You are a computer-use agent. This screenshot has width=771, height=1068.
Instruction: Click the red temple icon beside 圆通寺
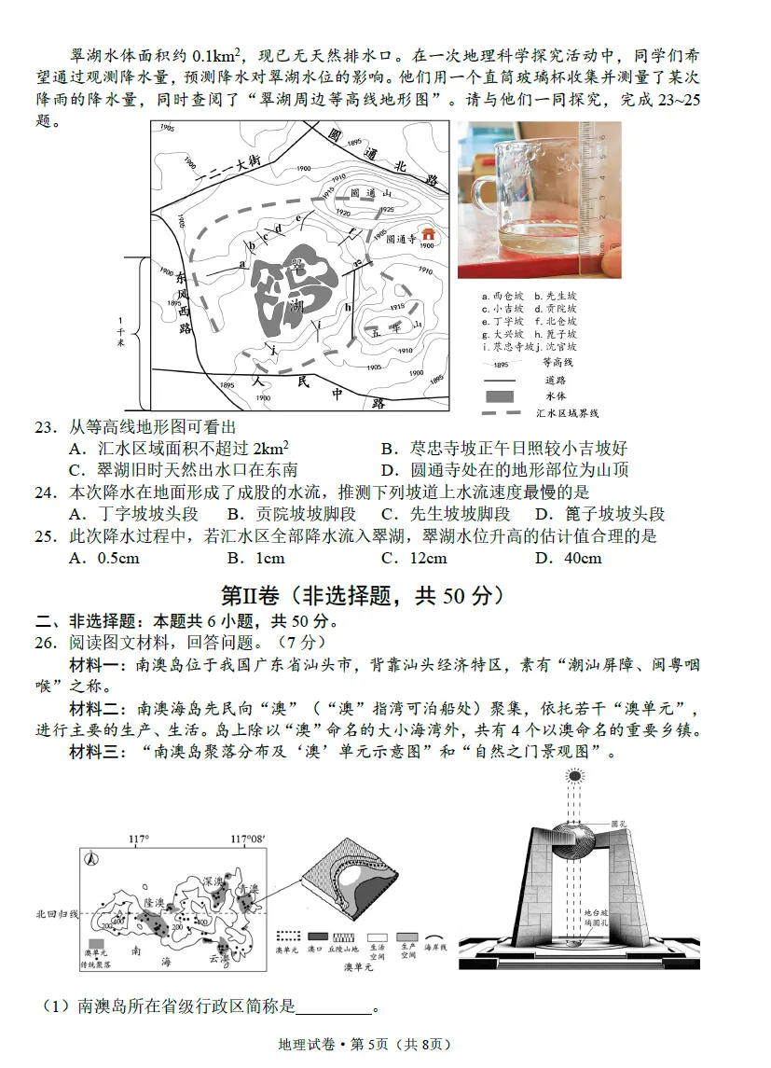click(429, 234)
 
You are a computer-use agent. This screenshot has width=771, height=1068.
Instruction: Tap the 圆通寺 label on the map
click(401, 239)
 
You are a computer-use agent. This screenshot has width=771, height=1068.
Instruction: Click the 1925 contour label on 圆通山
click(386, 210)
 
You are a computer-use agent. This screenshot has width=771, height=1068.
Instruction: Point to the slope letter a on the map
click(241, 264)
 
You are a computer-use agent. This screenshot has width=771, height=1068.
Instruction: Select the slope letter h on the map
click(348, 307)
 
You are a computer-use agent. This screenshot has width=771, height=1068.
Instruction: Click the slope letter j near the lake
click(273, 347)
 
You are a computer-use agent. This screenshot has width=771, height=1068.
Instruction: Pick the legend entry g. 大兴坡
click(504, 334)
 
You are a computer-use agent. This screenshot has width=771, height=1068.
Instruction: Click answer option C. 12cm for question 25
click(414, 558)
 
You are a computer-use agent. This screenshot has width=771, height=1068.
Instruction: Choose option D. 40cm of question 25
click(568, 558)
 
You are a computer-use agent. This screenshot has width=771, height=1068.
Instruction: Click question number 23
click(46, 427)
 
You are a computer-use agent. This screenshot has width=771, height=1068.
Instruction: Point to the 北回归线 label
click(58, 913)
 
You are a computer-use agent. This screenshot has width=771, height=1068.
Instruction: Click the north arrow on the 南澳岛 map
click(90, 860)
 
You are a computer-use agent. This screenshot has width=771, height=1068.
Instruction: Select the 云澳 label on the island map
click(219, 958)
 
